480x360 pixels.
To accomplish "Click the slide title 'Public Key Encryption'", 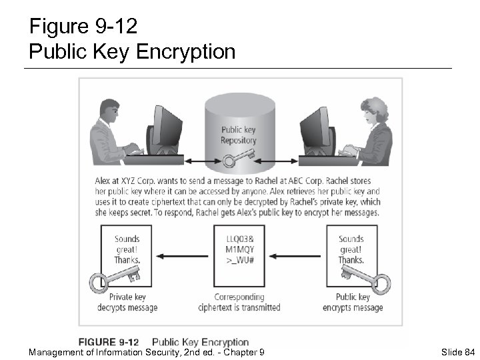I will tap(132, 51).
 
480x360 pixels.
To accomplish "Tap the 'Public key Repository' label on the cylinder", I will tap(238, 135).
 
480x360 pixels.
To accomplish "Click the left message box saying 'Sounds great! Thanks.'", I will tap(127, 253).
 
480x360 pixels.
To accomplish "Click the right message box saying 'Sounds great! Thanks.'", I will tap(351, 253).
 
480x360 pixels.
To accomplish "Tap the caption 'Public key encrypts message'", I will tap(353, 302).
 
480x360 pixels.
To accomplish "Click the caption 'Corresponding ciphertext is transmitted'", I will tap(239, 302).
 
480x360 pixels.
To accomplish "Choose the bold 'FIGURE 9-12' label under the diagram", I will tap(114, 342).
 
